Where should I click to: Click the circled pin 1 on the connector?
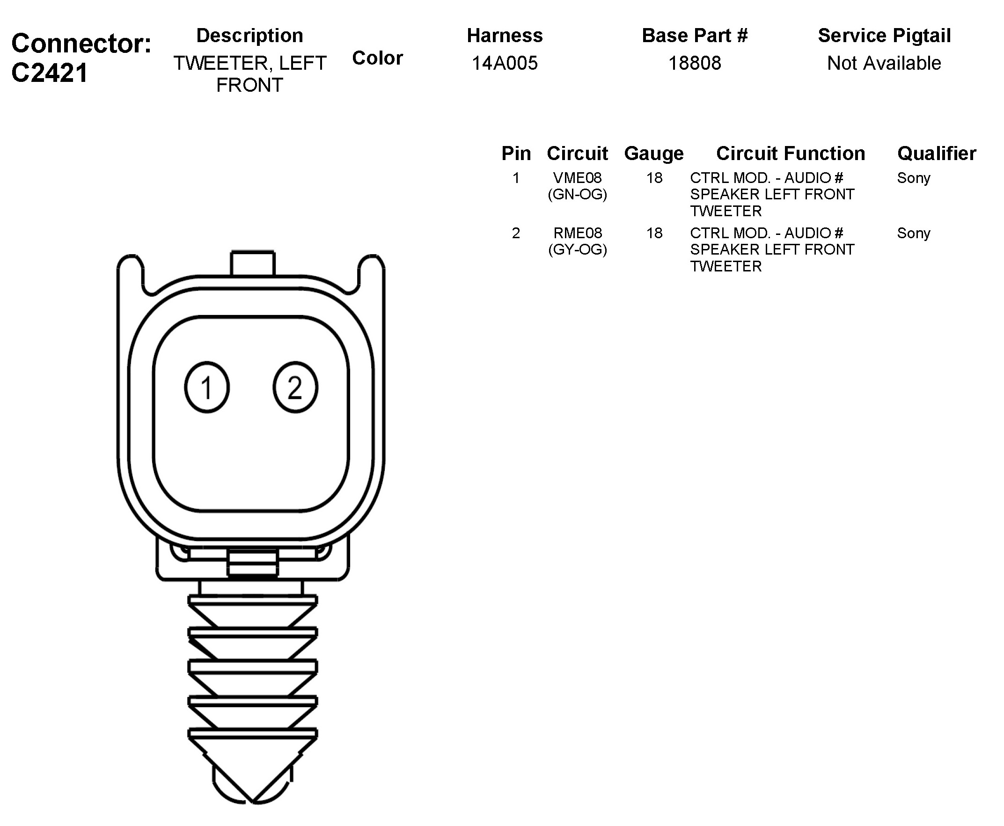206,387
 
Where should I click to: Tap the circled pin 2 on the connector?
295,387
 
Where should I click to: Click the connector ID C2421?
50,73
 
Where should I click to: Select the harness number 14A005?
505,63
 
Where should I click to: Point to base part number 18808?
695,63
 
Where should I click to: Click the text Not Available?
884,63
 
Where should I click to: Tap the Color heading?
377,58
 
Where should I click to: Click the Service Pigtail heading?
884,36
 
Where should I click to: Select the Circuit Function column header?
791,153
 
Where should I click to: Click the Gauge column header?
654,154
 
